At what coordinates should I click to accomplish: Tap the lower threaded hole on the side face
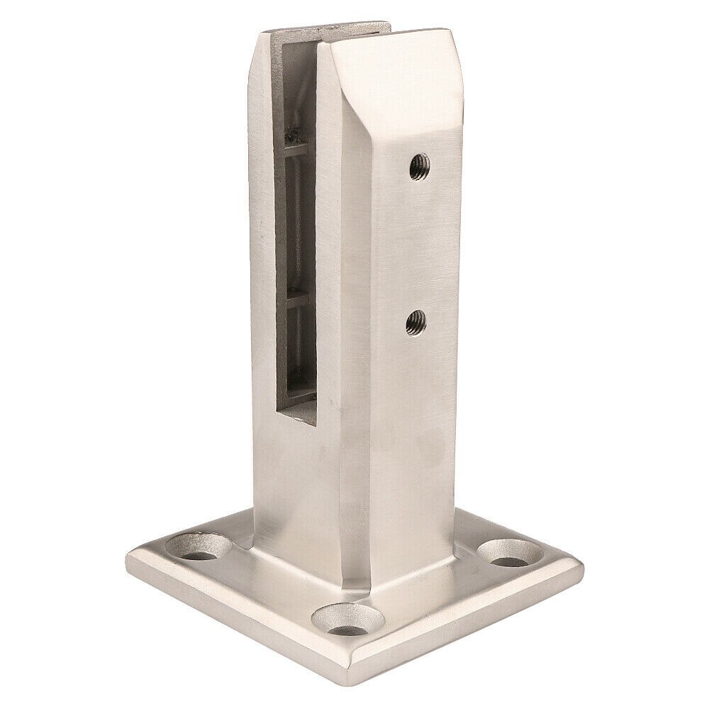pos(413,323)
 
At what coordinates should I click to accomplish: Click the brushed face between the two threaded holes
pos(415,245)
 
